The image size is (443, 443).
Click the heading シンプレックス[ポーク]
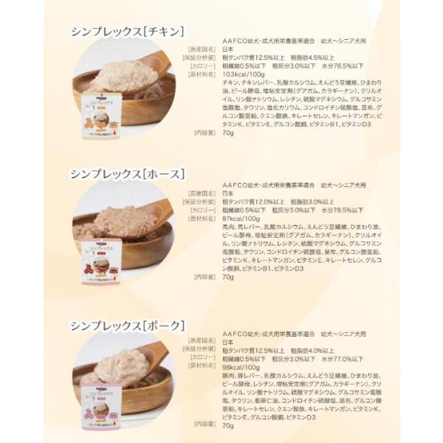pyautogui.click(x=126, y=325)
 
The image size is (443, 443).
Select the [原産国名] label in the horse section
pyautogui.click(x=200, y=191)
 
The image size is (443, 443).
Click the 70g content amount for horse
pyautogui.click(x=227, y=277)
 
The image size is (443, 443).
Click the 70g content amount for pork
pyautogui.click(x=227, y=425)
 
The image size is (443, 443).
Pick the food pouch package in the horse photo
pyautogui.click(x=102, y=258)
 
